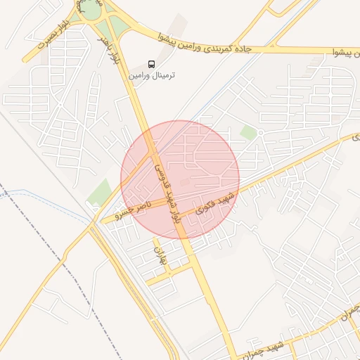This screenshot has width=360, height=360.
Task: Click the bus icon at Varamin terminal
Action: click(152, 63)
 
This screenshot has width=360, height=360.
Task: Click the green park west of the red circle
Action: click(100, 191)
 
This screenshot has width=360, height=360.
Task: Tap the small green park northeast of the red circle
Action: click(247, 131)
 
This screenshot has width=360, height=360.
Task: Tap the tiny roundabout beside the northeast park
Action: click(259, 131)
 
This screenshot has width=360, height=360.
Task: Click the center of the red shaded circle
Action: click(180, 180)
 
